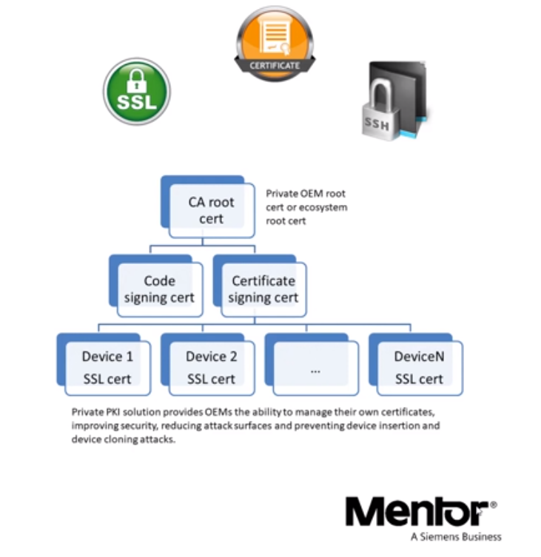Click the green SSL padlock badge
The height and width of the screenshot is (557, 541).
pos(136,92)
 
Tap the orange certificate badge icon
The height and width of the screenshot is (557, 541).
pos(275,41)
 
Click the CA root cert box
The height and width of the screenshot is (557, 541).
pos(211,209)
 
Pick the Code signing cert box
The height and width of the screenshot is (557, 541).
pos(159,289)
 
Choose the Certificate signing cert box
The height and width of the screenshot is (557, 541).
pos(263,289)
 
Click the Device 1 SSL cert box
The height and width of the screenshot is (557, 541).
pos(107,368)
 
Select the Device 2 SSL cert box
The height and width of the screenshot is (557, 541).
pos(211,368)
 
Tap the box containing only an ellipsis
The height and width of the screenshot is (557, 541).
pos(315,368)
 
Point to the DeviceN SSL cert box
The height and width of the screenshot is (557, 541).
pos(419,368)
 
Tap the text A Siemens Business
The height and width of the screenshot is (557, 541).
pos(455,536)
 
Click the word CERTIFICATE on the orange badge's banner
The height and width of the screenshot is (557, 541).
pos(275,66)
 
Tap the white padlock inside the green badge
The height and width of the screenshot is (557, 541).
pos(137,80)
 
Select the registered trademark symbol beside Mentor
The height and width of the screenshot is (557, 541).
pos(493,504)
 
